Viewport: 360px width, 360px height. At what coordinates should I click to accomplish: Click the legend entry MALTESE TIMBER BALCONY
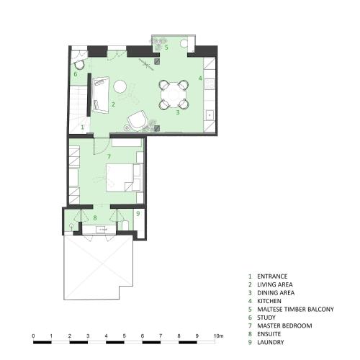(295, 309)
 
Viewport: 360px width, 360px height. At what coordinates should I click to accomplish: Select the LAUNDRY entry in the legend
(271, 342)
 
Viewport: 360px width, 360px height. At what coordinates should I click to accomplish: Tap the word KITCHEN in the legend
(269, 301)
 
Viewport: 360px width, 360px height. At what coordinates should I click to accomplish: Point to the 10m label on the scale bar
(218, 336)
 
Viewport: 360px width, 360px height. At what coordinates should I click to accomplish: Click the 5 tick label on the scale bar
(125, 336)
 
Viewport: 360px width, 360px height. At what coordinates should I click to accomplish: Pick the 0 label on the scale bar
(33, 336)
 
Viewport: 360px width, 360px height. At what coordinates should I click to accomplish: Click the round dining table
(174, 95)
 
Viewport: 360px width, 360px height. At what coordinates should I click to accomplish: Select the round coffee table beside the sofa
(120, 86)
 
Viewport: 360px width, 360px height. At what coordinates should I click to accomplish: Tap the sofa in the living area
(100, 95)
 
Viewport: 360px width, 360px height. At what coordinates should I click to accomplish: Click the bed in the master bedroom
(120, 178)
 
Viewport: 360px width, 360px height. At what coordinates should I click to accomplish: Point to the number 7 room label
(109, 157)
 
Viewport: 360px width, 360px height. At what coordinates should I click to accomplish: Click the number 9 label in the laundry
(138, 213)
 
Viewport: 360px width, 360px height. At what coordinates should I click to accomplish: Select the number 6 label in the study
(76, 74)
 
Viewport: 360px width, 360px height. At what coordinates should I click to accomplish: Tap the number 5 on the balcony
(166, 48)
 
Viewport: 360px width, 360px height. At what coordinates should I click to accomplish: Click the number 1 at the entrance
(83, 127)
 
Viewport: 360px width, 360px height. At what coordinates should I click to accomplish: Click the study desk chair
(78, 64)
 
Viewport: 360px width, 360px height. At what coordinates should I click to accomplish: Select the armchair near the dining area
(138, 121)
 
